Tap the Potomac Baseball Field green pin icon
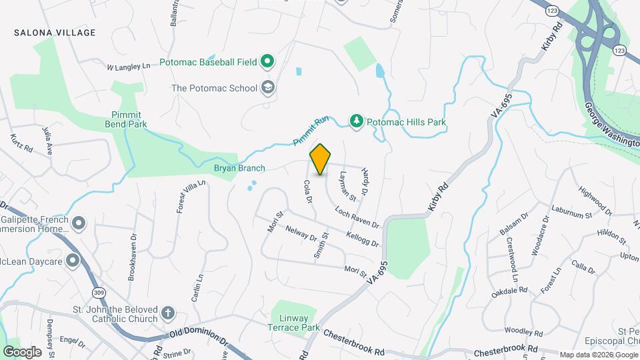coord(267,62)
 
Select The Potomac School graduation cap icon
coord(267,87)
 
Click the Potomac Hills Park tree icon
coord(357,121)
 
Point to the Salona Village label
coord(55,33)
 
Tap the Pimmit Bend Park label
coord(125,119)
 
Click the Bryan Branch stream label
coord(239,169)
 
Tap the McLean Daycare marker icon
coord(73,261)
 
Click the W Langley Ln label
coord(131,67)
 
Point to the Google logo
coord(22,351)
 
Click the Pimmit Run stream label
coord(312,132)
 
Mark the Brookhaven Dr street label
coord(133,255)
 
